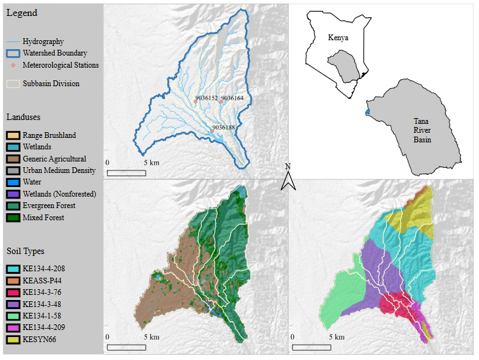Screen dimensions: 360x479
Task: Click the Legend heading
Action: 22,13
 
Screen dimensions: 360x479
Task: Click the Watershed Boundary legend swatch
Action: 13,53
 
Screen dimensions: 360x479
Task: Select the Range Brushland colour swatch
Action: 13,135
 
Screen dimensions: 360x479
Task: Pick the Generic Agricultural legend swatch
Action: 13,159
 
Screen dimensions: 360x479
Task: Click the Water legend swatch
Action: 13,182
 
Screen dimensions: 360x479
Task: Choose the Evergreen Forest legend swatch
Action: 13,206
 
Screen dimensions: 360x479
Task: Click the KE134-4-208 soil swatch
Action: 13,269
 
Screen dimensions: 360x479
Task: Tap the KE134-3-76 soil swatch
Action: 13,292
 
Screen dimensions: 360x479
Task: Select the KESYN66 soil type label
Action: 39,339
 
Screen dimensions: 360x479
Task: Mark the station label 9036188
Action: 224,128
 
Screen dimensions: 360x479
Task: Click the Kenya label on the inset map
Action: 338,38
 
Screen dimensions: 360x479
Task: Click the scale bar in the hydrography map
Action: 126,172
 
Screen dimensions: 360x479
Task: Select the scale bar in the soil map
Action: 311,347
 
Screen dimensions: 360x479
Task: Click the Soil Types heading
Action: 26,251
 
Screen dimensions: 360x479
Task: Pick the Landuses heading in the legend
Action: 24,117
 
